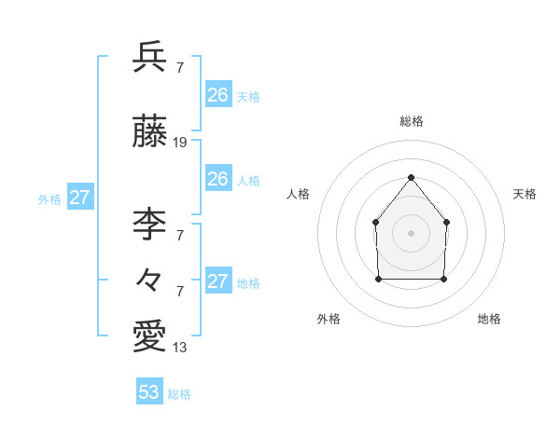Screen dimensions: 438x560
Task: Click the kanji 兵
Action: coord(149,57)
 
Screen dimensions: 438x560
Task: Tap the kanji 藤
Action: coord(149,132)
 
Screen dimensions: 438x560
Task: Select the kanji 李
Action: coord(149,223)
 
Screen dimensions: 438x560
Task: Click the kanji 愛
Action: coord(149,335)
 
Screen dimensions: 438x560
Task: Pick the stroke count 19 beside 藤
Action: coord(180,143)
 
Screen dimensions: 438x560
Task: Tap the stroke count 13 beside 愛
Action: coord(180,348)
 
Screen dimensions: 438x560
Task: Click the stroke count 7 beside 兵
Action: coord(179,67)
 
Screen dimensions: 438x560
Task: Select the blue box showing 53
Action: coord(149,392)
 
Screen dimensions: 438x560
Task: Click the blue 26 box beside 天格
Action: coord(217,94)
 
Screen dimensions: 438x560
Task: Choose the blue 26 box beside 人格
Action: coord(217,179)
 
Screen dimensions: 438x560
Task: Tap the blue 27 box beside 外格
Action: coord(80,198)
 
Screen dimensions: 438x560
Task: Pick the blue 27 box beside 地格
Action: coord(217,281)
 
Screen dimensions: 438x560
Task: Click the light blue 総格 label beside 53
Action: coord(179,394)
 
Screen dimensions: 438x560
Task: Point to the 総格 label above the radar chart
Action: coord(411,121)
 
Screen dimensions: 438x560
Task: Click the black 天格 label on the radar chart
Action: coord(525,194)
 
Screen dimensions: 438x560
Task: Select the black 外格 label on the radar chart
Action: coord(329,319)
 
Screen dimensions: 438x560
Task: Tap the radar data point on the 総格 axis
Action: coord(411,177)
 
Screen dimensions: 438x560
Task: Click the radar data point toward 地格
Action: coord(443,279)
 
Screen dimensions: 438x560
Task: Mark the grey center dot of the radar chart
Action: coord(411,232)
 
